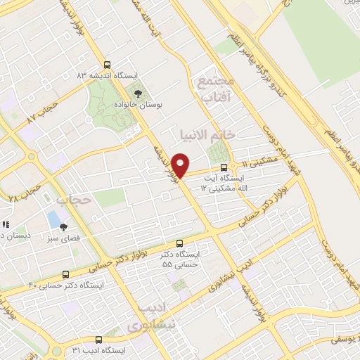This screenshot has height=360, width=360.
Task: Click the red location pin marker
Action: (x=181, y=165)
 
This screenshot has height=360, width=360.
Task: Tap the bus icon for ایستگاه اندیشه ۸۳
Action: (x=107, y=63)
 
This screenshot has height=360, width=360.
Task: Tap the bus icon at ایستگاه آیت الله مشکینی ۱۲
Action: (x=224, y=167)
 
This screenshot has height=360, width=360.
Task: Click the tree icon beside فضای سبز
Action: (x=63, y=227)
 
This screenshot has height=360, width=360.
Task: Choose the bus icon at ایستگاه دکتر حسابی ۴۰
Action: (x=65, y=274)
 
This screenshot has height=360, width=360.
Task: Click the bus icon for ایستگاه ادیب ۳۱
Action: (x=98, y=339)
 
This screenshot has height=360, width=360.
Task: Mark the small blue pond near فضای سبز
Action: (x=54, y=219)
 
